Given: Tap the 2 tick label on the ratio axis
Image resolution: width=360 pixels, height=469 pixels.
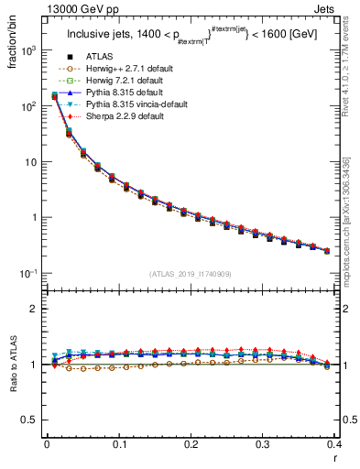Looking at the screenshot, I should tap(35, 309).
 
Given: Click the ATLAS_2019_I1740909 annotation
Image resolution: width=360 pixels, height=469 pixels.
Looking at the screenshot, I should tap(190, 275).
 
